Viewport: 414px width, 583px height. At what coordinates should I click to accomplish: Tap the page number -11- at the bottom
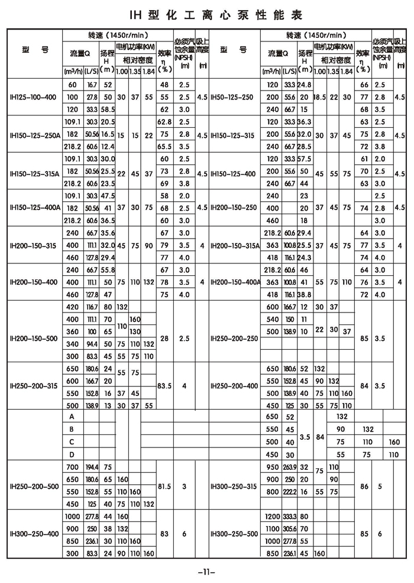pos(206,572)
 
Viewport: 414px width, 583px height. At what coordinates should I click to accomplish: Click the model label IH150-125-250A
pos(35,135)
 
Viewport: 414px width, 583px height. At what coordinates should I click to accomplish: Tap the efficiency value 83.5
pos(164,385)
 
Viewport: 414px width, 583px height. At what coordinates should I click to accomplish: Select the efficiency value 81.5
pos(164,487)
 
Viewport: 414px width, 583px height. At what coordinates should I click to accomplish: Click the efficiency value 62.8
pos(164,122)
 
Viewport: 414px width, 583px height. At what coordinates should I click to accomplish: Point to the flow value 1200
pos(274,515)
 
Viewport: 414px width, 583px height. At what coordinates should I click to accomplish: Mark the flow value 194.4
pos(92,468)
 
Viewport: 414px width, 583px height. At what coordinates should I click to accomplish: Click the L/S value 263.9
pos(289,468)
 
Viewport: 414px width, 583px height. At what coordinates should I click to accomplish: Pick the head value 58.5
pos(107,109)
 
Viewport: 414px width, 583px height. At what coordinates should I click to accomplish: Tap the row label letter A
pos(72,417)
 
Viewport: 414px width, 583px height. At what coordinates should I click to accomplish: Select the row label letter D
pos(72,455)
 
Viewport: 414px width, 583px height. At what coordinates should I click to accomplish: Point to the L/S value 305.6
pos(289,527)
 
